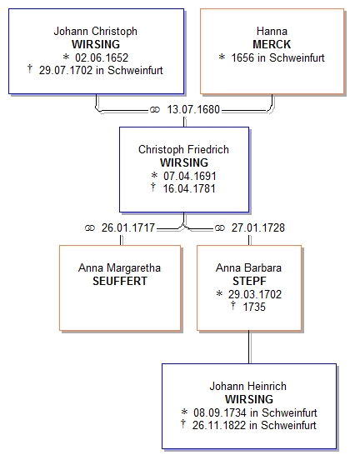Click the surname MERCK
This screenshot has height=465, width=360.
(272, 44)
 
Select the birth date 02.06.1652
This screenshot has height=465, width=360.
(102, 57)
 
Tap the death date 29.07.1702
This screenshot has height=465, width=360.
(66, 71)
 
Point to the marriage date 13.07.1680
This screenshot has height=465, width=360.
(193, 109)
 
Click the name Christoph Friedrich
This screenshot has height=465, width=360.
(183, 149)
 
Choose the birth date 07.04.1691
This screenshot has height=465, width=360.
(190, 176)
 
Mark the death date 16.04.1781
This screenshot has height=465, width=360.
(189, 188)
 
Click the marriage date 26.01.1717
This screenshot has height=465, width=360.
(128, 227)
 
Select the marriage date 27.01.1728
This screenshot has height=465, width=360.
(258, 227)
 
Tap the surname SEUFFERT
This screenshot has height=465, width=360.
(120, 281)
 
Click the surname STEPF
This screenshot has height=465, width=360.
(249, 281)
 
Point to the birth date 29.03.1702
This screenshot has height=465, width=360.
(255, 294)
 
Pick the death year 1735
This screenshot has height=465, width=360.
(254, 307)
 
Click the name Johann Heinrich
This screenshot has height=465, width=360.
(247, 386)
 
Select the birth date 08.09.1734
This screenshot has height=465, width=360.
(220, 412)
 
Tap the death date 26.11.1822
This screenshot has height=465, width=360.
(219, 425)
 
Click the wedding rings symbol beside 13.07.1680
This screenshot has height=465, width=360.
(155, 110)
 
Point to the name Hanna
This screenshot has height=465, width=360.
(272, 31)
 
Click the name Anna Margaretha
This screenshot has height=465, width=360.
(119, 267)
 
